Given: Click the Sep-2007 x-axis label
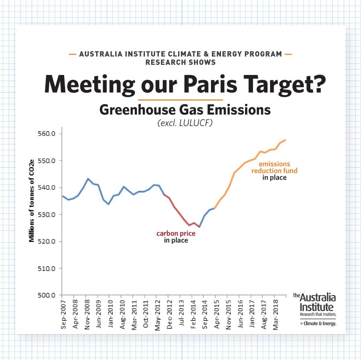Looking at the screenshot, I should (63, 314).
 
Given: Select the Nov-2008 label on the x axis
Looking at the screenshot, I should (87, 314).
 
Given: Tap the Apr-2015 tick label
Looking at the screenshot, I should (216, 314).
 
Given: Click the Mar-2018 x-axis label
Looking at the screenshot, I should (276, 314).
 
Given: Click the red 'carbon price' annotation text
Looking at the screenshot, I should (176, 233).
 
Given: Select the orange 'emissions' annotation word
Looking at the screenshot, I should (274, 164).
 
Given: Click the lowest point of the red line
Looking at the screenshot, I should (199, 227).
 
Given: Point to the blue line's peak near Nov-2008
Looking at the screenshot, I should (88, 178).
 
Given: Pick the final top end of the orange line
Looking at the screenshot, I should (285, 140).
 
